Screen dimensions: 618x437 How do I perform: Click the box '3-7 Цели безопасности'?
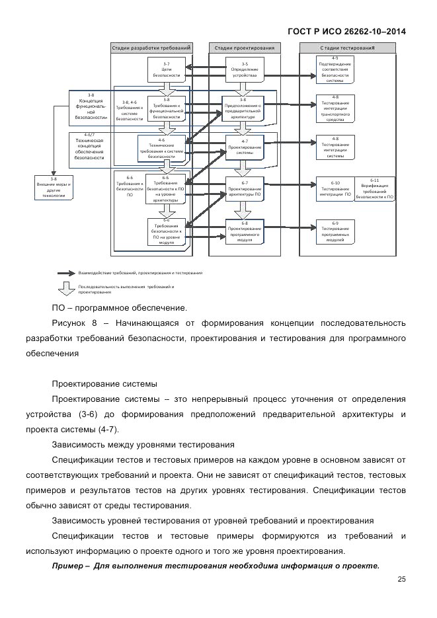[167, 69]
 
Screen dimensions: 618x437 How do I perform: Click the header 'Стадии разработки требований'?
[152, 48]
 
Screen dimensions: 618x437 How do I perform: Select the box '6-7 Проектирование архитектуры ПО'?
[244, 190]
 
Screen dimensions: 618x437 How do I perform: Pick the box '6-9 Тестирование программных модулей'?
[335, 232]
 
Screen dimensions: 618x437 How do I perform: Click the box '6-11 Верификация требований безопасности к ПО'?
[374, 188]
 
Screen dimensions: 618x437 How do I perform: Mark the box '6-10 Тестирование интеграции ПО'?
[335, 188]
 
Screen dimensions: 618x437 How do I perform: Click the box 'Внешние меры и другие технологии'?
[54, 188]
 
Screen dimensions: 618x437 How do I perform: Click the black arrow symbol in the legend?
[66, 272]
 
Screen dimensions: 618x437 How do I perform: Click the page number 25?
[401, 579]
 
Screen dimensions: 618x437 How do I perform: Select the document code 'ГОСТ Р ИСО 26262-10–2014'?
[347, 31]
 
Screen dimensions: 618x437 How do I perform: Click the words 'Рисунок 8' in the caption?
[73, 323]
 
